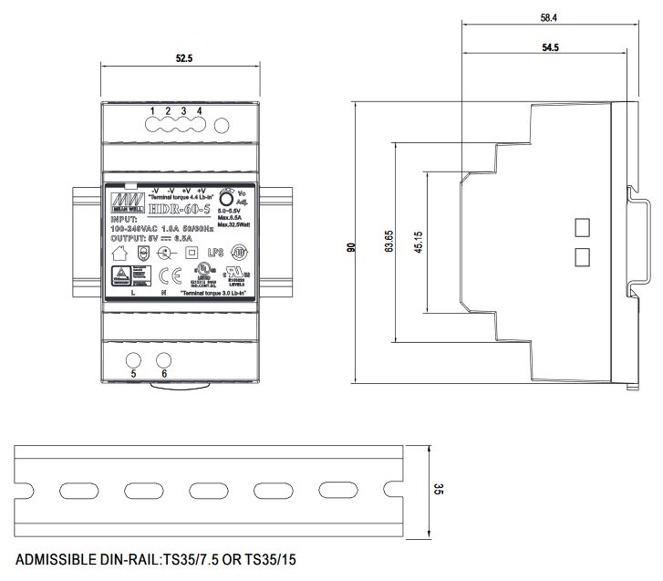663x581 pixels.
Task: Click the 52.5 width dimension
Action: point(184,58)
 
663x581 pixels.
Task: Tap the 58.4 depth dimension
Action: point(548,16)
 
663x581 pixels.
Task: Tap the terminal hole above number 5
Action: point(133,359)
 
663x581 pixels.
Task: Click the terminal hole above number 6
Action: point(165,359)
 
